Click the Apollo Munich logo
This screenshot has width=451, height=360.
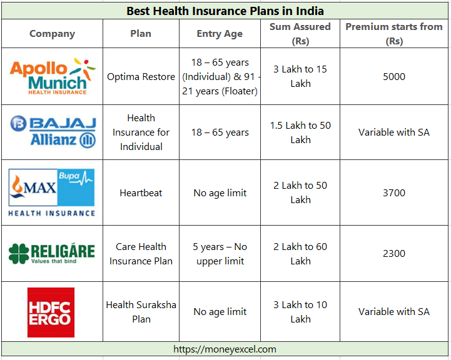pyautogui.click(x=53, y=76)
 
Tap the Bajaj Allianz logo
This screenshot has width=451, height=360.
pyautogui.click(x=53, y=132)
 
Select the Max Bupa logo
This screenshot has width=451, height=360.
pyautogui.click(x=52, y=192)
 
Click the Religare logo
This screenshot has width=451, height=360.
pyautogui.click(x=52, y=253)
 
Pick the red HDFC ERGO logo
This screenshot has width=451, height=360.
pyautogui.click(x=51, y=312)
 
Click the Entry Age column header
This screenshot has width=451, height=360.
pyautogui.click(x=220, y=34)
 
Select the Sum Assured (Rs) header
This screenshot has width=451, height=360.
pyautogui.click(x=300, y=34)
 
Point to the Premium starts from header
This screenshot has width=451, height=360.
pyautogui.click(x=394, y=34)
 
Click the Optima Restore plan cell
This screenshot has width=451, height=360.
pyautogui.click(x=141, y=77)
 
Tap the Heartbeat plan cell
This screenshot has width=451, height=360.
pyautogui.click(x=141, y=192)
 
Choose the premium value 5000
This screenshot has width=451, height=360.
pyautogui.click(x=394, y=77)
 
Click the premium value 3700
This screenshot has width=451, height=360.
pyautogui.click(x=394, y=192)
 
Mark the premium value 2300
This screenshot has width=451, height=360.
pyautogui.click(x=394, y=253)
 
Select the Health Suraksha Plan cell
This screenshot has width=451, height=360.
pyautogui.click(x=141, y=312)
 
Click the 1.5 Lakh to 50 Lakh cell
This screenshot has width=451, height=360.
pyautogui.click(x=300, y=132)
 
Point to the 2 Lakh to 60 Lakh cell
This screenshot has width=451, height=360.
pyautogui.click(x=300, y=254)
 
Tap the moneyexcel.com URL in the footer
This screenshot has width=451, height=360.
pyautogui.click(x=225, y=349)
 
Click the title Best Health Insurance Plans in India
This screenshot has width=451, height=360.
pyautogui.click(x=225, y=11)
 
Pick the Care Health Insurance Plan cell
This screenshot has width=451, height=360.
pyautogui.click(x=141, y=254)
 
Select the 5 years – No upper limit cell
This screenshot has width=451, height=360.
pyautogui.click(x=220, y=254)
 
